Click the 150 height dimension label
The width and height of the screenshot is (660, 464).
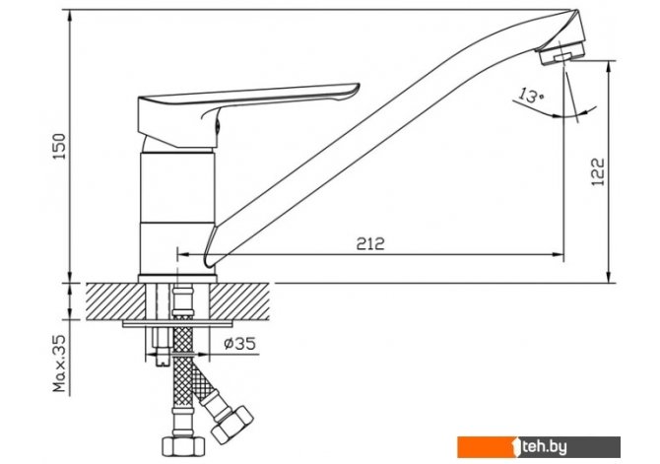61,146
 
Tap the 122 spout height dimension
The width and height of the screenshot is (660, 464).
598,171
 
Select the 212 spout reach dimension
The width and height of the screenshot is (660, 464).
370,243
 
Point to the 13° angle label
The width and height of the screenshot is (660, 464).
531,96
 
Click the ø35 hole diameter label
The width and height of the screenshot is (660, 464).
240,344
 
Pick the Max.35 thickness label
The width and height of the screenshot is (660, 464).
59,364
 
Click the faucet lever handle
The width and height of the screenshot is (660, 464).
248,113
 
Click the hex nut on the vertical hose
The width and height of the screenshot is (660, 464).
183,445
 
